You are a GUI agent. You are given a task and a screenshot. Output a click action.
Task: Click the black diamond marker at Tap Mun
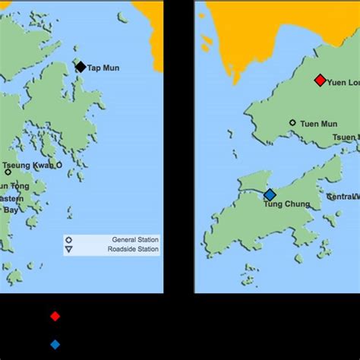[81, 67]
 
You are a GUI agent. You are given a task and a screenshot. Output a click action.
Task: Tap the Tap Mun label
[103, 68]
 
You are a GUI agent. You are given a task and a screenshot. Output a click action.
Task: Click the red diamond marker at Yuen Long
[320, 80]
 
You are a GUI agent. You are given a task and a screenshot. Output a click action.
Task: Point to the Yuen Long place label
[343, 81]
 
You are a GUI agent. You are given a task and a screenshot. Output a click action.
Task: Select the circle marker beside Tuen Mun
[292, 122]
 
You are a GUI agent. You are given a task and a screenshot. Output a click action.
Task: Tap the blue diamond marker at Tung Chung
[270, 194]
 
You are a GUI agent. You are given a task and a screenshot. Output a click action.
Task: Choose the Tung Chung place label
[283, 204]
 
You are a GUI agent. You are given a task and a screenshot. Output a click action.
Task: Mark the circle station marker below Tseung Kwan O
[8, 172]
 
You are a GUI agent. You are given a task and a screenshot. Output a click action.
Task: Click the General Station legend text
[134, 239]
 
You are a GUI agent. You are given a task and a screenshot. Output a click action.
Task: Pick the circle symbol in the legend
[69, 239]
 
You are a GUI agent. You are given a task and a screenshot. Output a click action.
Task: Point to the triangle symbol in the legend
[69, 249]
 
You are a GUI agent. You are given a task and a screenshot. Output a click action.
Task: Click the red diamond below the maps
[55, 316]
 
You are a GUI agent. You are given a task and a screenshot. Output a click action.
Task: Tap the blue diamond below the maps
[55, 344]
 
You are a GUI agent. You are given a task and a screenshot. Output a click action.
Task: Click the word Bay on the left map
[11, 210]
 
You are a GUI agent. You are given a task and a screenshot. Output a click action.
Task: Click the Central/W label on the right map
[343, 197]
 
